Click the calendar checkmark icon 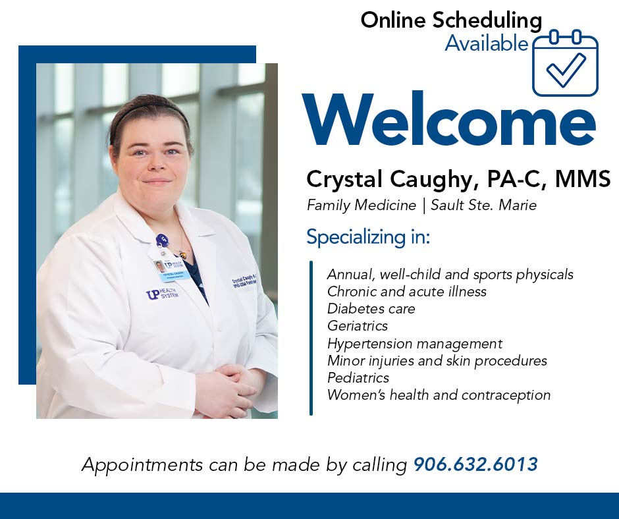coord(565,63)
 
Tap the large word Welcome coord(449,119)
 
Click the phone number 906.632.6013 coord(475,464)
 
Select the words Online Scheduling coord(451,20)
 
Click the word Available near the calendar coord(487,43)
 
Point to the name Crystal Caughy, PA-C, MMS coord(458,178)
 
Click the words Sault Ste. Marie coord(483,205)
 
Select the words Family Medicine coord(362,205)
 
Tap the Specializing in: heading coord(368,237)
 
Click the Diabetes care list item coord(371,308)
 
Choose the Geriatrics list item coord(358,326)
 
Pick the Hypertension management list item coord(414,344)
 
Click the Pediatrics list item coord(358,378)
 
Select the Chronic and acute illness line coord(406,292)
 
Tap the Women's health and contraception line coord(439,395)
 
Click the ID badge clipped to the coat coord(171,271)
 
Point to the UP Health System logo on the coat coord(162,294)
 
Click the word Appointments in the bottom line coord(142,465)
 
